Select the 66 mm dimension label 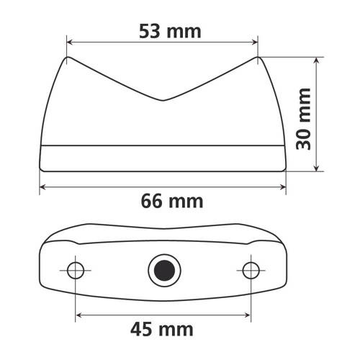tap(163, 200)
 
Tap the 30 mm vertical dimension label tap(305, 117)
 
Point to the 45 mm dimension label tap(162, 329)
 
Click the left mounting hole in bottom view tap(76, 270)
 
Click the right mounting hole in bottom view tap(250, 270)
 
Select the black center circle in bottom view tap(163, 270)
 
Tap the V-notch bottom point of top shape tap(163, 99)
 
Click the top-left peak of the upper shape tap(68, 58)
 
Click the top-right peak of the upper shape tap(258, 58)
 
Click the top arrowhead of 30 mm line tap(317, 61)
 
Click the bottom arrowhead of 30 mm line tap(317, 169)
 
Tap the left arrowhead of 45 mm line tap(78, 315)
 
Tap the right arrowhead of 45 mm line tap(247, 315)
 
